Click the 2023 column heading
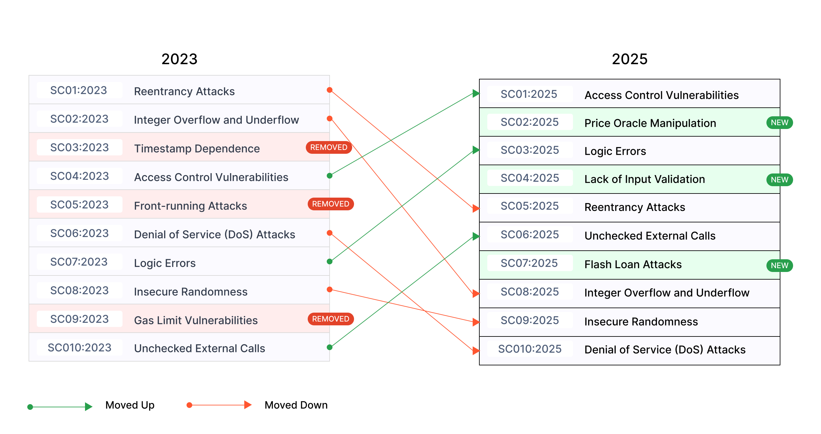pos(180,59)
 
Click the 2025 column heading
pos(629,59)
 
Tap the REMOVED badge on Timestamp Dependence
pos(329,147)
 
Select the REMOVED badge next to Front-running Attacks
pos(331,204)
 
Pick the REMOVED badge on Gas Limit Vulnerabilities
pos(331,319)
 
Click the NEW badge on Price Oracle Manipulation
pos(779,123)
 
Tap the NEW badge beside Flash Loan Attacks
pos(779,266)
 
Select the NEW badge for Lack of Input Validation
pos(779,180)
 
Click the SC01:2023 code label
pos(79,90)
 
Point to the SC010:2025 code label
pos(530,349)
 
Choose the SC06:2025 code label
pos(530,234)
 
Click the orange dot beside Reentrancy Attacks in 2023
pos(330,90)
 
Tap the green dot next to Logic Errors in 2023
pos(330,262)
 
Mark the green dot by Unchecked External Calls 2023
pos(330,347)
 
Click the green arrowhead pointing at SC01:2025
pos(476,93)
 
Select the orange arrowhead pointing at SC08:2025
pos(476,294)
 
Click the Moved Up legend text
pos(130,405)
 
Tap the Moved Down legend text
pos(296,405)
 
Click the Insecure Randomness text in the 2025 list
pos(641,322)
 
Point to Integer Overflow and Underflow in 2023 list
pos(216,120)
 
